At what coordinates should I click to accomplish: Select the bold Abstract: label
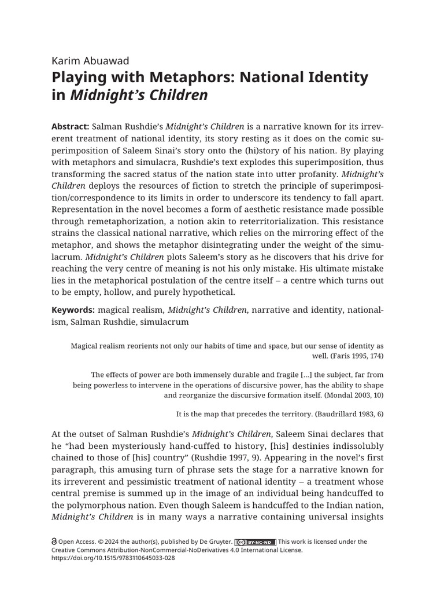pos(70,127)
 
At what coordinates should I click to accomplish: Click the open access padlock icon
pos(54,542)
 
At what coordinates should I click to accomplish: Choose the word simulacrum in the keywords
pos(159,323)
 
